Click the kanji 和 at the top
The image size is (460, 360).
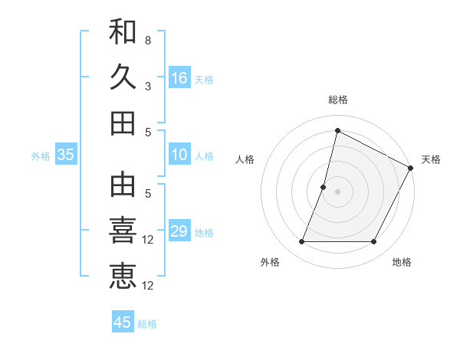123,31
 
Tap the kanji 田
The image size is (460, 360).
123,123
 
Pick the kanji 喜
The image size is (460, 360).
123,231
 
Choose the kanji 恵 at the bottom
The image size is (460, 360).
123,276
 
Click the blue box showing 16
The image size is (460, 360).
179,77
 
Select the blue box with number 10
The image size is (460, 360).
179,155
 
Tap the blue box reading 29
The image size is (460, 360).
179,231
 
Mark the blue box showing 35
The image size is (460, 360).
66,155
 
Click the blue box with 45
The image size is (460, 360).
123,322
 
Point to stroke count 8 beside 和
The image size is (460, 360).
148,41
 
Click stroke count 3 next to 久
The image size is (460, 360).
148,87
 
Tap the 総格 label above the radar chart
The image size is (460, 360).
338,100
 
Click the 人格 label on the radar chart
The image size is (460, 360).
245,159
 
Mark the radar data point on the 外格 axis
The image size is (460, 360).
301,242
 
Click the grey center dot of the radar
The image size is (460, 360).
338,191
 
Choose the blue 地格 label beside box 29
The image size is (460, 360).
205,233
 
